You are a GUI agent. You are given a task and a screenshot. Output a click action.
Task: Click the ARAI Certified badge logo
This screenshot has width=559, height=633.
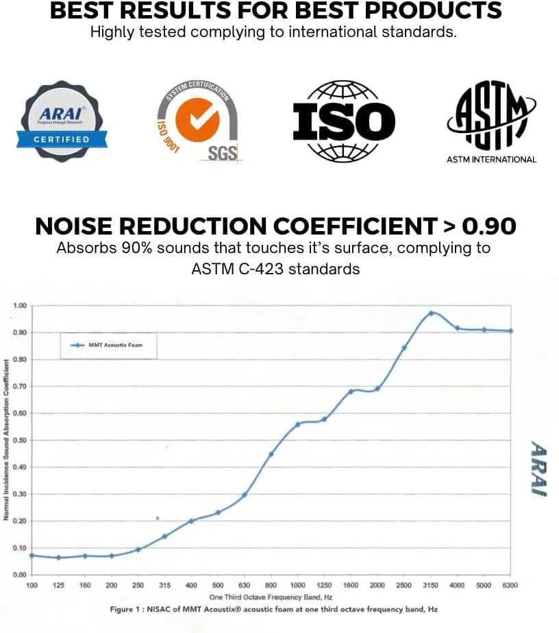(x=62, y=121)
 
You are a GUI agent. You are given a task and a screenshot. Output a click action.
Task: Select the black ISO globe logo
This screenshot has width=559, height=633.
(x=344, y=121)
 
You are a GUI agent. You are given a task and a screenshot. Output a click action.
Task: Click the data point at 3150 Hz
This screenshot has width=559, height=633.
(x=431, y=313)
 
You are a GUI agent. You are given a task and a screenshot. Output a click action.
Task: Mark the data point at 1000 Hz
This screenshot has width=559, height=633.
(x=297, y=425)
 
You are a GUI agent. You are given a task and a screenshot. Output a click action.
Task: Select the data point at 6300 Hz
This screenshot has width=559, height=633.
(x=511, y=331)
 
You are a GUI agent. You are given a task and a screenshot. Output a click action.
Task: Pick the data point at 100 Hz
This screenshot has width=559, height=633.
(x=32, y=555)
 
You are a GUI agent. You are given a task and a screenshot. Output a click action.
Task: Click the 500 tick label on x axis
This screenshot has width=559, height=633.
(x=218, y=584)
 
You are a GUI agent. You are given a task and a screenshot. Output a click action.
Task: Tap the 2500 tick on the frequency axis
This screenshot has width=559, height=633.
(x=404, y=584)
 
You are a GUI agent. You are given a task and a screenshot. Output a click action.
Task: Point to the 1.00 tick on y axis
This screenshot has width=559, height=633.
(x=19, y=305)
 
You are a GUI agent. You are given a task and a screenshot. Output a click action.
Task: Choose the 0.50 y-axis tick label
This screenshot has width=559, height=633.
(x=19, y=440)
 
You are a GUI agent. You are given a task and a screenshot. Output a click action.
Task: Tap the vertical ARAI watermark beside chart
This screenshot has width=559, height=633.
(x=538, y=468)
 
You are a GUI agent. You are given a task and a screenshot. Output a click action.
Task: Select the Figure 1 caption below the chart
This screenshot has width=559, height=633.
(x=273, y=609)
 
